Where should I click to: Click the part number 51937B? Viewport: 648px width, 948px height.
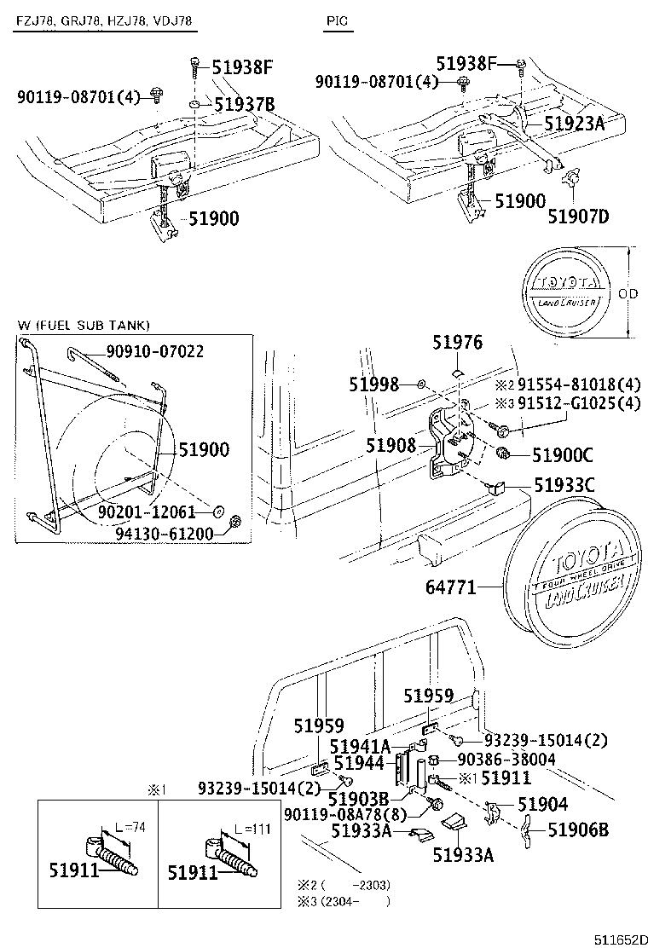(x=244, y=105)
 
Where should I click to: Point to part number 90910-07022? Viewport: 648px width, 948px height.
(x=154, y=351)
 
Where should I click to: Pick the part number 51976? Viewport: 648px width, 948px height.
(x=457, y=343)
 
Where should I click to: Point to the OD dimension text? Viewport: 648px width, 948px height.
(x=627, y=293)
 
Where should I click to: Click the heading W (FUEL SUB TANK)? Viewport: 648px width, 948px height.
(x=83, y=325)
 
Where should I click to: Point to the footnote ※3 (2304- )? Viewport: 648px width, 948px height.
(x=344, y=900)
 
